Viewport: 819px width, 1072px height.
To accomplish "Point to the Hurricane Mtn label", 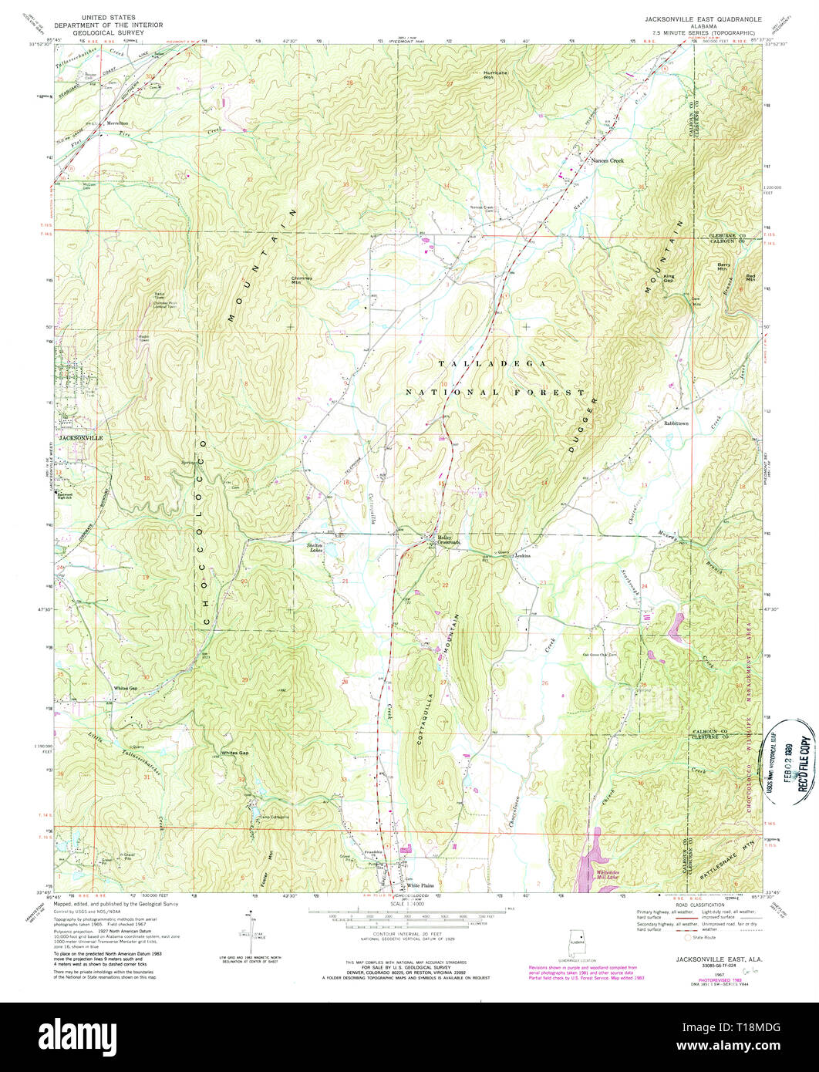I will [495, 75].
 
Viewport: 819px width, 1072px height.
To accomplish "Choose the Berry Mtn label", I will [723, 267].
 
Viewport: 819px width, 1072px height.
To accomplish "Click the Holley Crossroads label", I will [449, 541].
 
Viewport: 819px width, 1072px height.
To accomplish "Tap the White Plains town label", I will [421, 885].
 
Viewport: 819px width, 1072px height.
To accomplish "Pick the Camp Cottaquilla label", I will [274, 817].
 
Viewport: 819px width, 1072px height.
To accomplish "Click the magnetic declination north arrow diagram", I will [251, 929].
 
